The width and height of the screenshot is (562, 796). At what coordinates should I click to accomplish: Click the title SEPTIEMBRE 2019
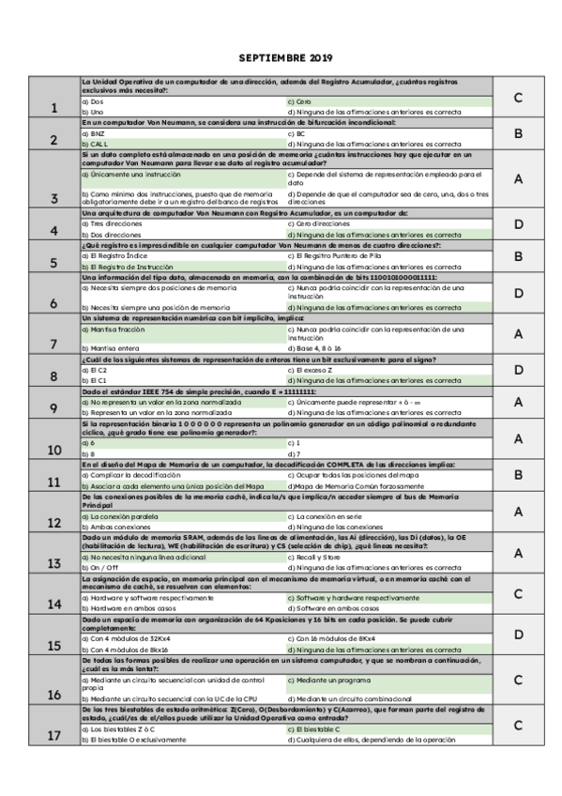coord(281,56)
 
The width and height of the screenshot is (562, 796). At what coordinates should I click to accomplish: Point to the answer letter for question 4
coord(518,223)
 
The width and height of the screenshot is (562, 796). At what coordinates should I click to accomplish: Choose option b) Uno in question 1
coord(94,112)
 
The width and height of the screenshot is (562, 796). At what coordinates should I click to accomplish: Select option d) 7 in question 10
coord(296,452)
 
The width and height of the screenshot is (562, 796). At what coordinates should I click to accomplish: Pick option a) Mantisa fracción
coord(114,329)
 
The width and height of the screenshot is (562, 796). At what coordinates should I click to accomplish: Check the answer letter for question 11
coord(518,475)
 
